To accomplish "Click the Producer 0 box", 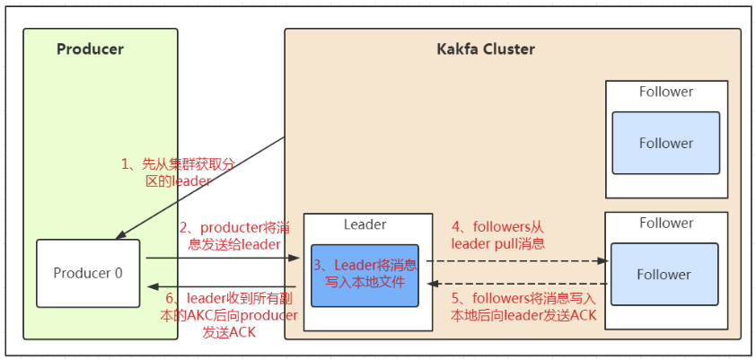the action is point(88,273).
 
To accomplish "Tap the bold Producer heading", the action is point(90,49).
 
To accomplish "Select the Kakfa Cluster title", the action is point(486,49).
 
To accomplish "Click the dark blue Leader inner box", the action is point(365,276).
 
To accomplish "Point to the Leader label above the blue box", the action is point(365,224).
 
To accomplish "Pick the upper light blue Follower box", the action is point(666,143).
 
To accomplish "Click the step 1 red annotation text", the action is point(178,173).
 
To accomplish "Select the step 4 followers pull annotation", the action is point(498,235).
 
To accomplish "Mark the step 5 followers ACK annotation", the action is point(523,307).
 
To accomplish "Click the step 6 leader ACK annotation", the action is point(229,315).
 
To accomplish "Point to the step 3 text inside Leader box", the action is point(365,273).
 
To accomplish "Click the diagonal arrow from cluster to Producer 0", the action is point(200,188).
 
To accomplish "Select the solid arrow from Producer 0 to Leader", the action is point(224,259).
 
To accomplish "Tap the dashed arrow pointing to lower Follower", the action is point(517,260).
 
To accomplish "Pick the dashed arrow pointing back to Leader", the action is point(519,285).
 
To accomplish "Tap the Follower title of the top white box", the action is point(666,92).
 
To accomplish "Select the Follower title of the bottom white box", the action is point(666,224).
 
